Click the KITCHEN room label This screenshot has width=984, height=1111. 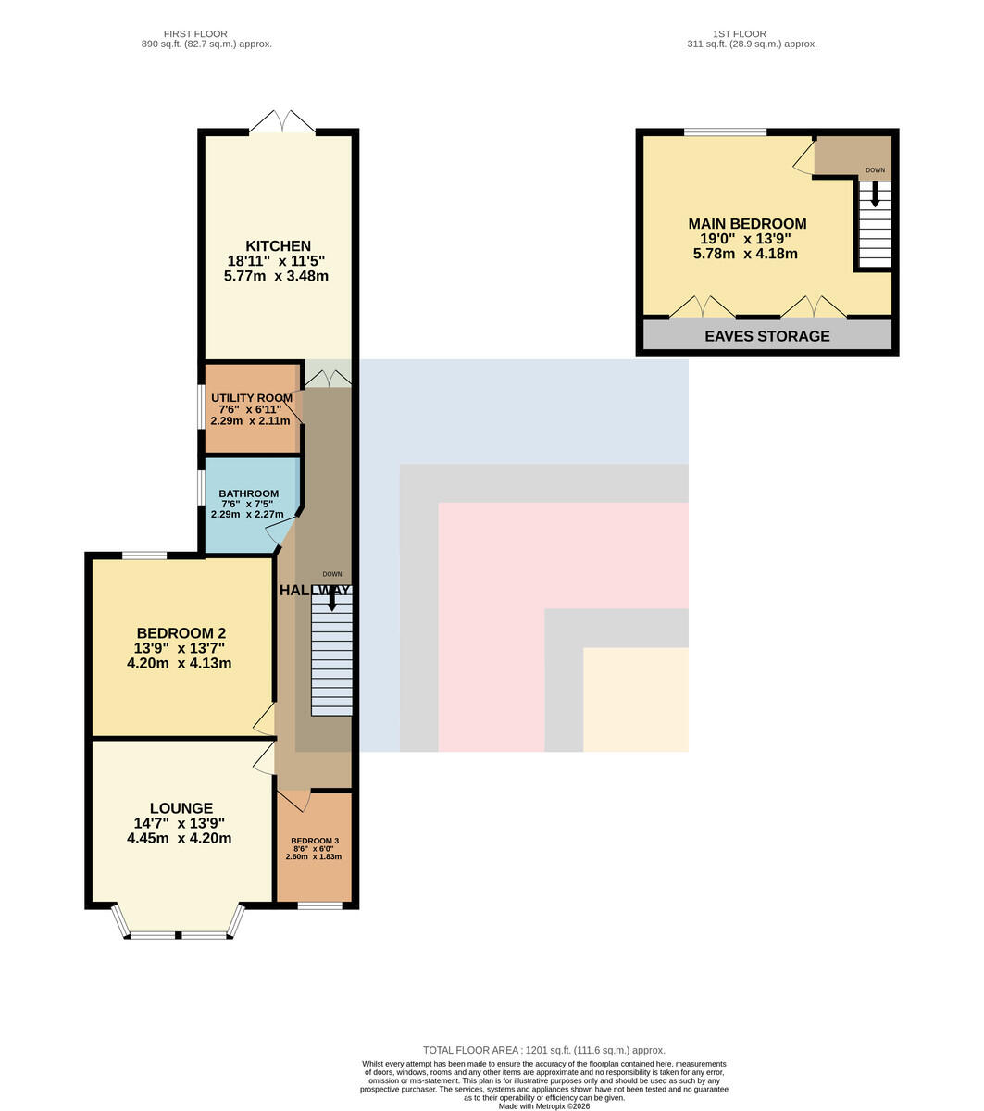278,245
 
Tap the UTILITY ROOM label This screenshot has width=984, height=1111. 252,397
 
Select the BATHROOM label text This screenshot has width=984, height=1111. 249,493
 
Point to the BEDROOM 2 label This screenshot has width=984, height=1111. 181,633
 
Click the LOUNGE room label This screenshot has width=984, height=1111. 181,807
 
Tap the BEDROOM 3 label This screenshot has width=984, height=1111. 315,840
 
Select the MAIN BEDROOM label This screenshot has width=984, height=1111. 747,224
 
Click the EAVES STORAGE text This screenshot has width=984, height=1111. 766,335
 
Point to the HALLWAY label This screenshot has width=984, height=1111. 314,590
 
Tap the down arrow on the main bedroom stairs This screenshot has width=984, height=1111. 875,194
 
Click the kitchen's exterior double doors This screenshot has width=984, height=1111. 283,121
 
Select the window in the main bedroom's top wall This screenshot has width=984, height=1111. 725,131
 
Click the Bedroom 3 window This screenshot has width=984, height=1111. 319,905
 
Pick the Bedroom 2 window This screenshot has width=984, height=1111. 144,555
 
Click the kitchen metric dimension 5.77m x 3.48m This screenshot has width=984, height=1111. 276,275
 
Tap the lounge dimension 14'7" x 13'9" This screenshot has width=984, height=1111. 180,822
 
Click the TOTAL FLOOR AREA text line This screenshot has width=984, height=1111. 543,1050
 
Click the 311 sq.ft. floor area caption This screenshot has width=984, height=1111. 752,44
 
